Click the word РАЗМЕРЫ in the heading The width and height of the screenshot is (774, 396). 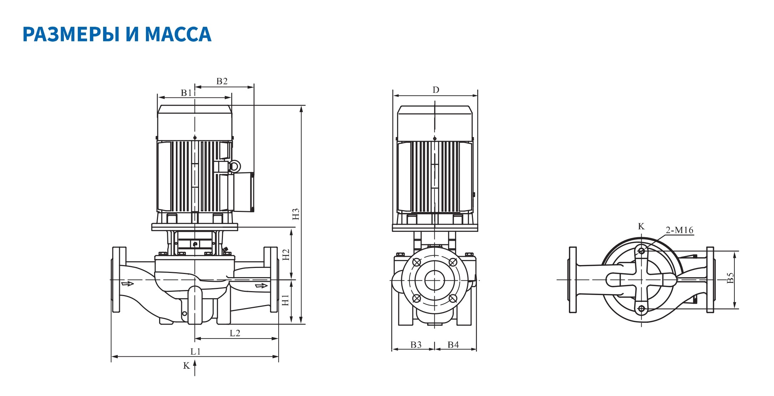(x=70, y=34)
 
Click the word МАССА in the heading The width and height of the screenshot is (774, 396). (x=178, y=34)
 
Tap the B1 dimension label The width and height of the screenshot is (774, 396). (x=186, y=93)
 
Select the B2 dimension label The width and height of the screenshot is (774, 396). (x=222, y=81)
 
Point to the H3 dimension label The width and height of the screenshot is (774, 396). (x=296, y=214)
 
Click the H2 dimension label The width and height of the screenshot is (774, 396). (x=286, y=255)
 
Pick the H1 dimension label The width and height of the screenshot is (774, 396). (x=286, y=300)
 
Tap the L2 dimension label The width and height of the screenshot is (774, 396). (x=235, y=333)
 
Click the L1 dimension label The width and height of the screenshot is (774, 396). (x=195, y=351)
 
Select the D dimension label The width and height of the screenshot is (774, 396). (x=436, y=90)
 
